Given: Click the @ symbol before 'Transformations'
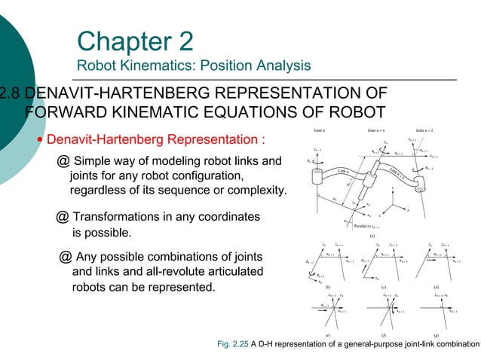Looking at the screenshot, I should click(63, 217).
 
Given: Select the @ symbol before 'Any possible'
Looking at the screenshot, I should click(66, 255).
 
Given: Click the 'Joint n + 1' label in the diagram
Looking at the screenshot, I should click(378, 130).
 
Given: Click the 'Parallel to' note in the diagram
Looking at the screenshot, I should click(356, 224).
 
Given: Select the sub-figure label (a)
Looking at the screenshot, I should click(372, 235).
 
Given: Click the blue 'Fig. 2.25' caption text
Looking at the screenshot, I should click(228, 344).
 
